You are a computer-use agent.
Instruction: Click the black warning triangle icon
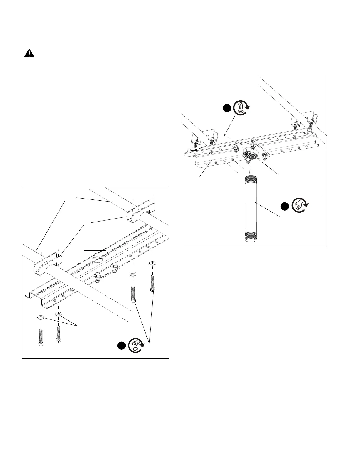pyautogui.click(x=29, y=53)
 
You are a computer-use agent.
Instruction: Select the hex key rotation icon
pyautogui.click(x=241, y=108)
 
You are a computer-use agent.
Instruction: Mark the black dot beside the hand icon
pyautogui.click(x=284, y=207)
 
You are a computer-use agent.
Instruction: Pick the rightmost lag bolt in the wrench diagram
pyautogui.click(x=152, y=283)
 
